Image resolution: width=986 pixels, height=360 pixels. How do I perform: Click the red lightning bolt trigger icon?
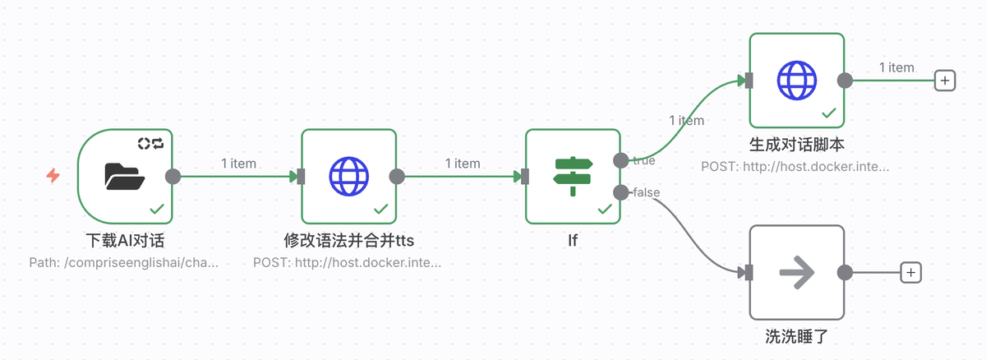click(x=53, y=176)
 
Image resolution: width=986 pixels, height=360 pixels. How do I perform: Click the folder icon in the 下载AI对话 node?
click(x=125, y=176)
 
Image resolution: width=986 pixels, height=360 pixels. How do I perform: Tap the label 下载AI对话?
click(x=125, y=242)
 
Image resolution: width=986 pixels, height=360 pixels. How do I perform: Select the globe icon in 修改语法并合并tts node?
click(x=349, y=176)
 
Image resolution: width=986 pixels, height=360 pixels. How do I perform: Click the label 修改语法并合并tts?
click(x=349, y=242)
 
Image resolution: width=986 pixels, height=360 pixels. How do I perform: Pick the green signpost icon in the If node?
click(x=573, y=176)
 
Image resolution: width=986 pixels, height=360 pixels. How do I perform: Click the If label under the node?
click(x=573, y=242)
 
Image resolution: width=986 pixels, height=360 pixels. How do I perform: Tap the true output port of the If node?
click(x=621, y=160)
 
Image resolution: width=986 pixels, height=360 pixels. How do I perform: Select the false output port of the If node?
click(x=621, y=192)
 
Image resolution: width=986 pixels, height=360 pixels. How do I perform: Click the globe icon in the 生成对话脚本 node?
click(x=797, y=80)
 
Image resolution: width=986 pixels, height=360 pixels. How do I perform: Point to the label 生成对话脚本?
click(x=797, y=145)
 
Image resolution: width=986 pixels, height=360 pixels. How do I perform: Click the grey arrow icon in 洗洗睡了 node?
click(x=797, y=272)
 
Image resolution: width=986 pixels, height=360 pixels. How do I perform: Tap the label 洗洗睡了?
click(x=797, y=337)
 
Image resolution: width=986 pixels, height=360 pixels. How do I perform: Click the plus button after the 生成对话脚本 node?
click(x=945, y=81)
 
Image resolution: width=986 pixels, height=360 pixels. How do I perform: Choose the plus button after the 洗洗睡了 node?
click(x=910, y=272)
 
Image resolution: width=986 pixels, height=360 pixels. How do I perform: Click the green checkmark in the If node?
click(x=605, y=209)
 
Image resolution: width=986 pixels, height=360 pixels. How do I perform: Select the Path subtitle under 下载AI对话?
click(x=124, y=263)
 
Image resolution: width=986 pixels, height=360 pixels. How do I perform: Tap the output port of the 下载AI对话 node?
click(x=173, y=176)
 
